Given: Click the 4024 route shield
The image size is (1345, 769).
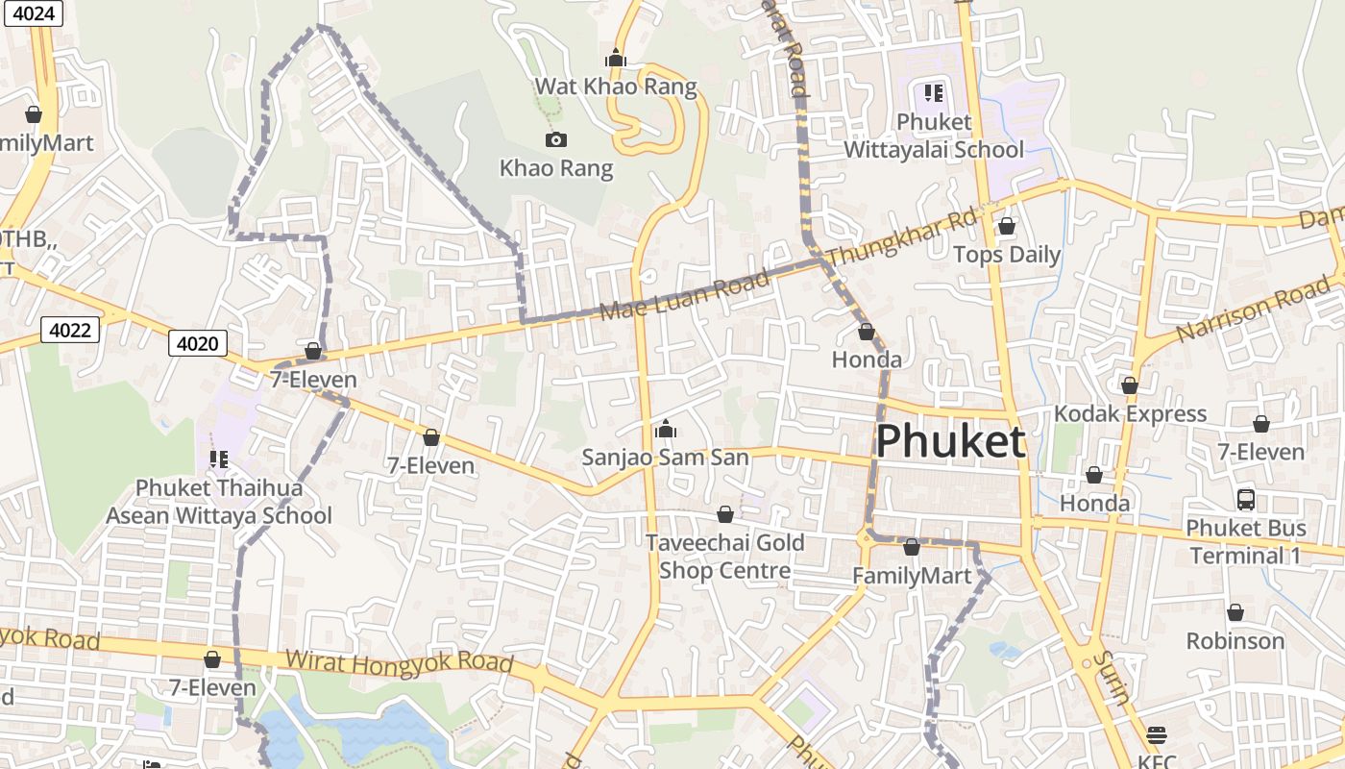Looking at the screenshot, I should point(34,13).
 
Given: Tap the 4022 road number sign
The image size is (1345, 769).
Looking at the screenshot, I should point(70,331).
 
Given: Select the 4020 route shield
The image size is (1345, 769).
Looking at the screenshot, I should point(199,343).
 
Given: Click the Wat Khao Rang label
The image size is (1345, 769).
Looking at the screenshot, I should point(615,87).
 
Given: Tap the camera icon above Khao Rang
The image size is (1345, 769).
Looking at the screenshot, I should point(555,140).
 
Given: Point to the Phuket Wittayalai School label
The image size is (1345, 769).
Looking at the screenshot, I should point(934,136).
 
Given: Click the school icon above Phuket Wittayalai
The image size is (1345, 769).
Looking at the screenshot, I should point(934,93).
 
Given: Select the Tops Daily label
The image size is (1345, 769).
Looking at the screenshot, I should point(1006,255).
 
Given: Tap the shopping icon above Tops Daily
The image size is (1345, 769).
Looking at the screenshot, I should point(1006,227).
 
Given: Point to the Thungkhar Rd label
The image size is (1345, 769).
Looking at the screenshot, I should point(901,238).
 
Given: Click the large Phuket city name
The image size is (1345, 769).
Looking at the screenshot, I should point(950,441).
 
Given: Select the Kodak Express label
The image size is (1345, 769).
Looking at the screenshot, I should point(1130,414).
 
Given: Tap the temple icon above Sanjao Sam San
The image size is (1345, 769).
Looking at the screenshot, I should point(665,429).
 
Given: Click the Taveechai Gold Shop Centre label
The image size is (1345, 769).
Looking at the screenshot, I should point(724,557).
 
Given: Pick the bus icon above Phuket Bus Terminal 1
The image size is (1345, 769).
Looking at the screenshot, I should point(1246,500).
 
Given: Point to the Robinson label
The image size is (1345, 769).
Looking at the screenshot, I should point(1235,641).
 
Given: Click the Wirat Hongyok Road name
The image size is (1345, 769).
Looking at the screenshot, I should point(399,663).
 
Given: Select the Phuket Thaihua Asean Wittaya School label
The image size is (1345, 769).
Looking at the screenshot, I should point(218,502).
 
